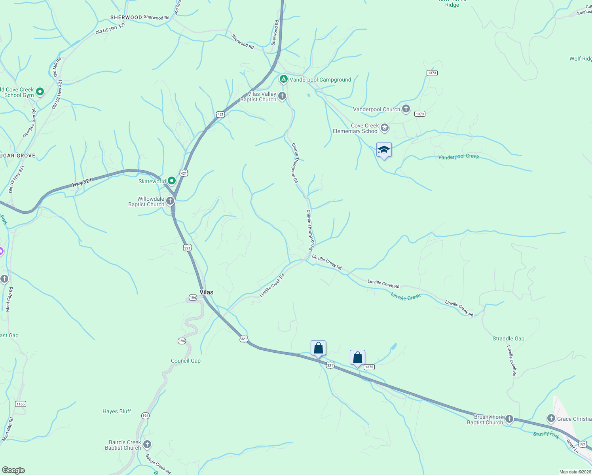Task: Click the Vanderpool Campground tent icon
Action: pos(283,79)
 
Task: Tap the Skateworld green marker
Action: pos(172,181)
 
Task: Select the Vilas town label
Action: pos(206,292)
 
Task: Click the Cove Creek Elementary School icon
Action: pos(385,128)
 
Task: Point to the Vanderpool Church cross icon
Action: pos(406,109)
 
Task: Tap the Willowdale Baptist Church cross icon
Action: pos(170,201)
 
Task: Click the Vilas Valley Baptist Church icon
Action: pos(282,96)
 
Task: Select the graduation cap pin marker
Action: pos(384,150)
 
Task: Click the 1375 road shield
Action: pos(369,367)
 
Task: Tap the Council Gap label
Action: pos(186,361)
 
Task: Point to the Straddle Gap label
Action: pos(508,338)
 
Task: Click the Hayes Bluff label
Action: pos(116,411)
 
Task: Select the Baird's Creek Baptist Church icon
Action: pos(147,445)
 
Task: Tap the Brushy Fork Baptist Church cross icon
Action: pos(509,419)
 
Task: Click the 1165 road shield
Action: pos(20,404)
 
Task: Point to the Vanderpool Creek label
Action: pos(458,157)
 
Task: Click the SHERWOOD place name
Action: pos(126,17)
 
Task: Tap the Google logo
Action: pos(13,470)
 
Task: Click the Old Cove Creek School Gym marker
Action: pos(40,92)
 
